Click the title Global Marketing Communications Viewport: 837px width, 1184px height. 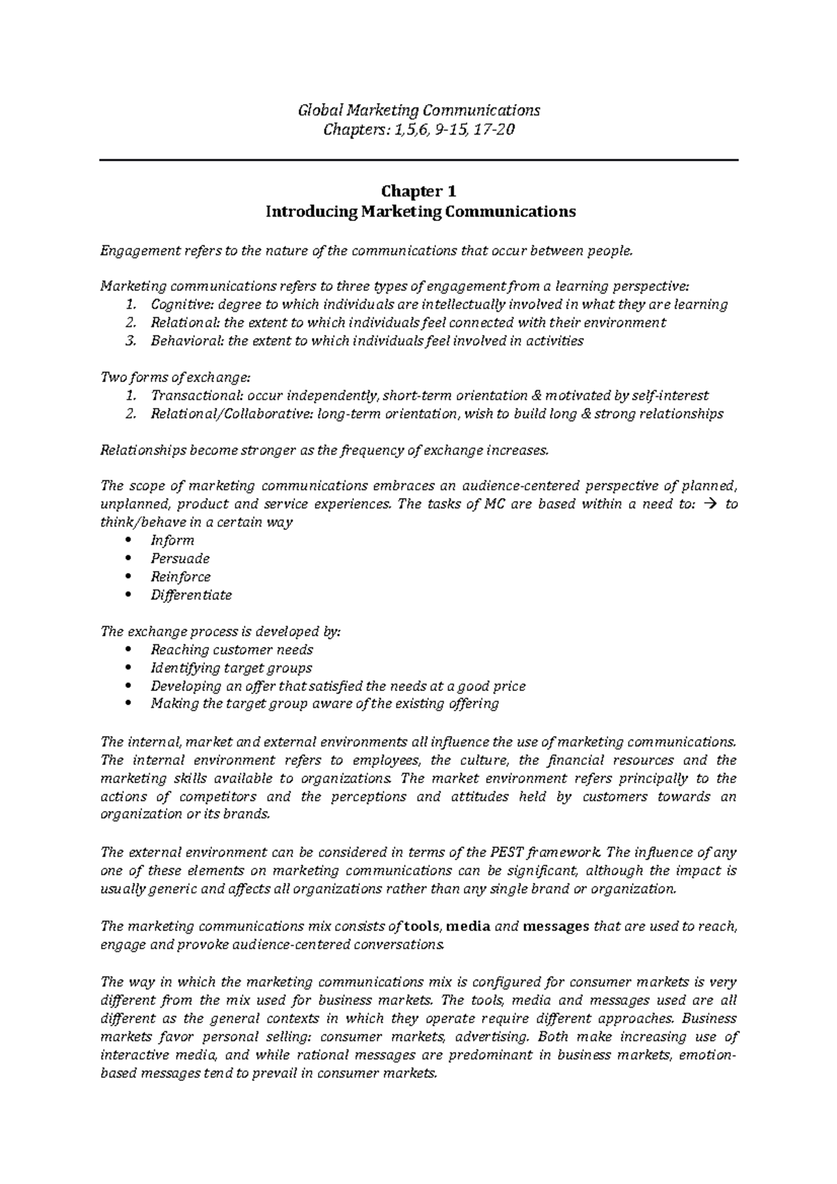[418, 110]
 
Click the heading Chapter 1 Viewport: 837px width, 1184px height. [418, 191]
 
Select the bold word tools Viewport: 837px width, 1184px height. [423, 927]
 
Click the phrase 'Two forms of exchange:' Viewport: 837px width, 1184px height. [175, 377]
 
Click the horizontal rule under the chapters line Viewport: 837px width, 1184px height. [418, 160]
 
